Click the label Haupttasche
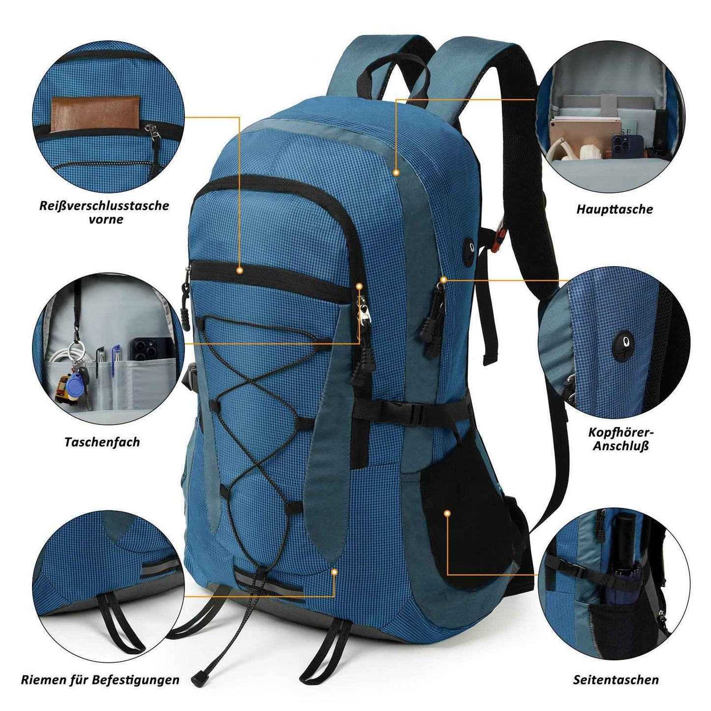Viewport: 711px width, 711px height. [615, 209]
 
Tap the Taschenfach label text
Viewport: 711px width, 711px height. [102, 442]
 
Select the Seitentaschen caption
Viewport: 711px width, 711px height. [616, 659]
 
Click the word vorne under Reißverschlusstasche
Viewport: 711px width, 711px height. [105, 219]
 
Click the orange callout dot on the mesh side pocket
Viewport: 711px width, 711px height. [447, 513]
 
